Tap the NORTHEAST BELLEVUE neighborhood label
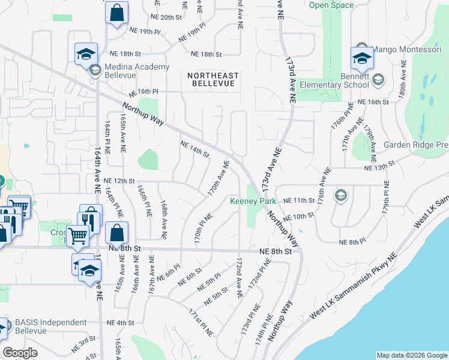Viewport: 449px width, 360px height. (x=212, y=80)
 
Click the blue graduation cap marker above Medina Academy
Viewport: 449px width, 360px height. (x=86, y=53)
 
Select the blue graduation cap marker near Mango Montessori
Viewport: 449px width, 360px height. (x=362, y=58)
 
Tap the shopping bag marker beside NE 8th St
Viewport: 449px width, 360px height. (x=116, y=233)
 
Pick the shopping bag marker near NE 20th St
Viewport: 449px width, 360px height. (x=116, y=12)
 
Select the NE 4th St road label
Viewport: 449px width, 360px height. (x=121, y=323)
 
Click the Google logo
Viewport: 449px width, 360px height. (x=20, y=353)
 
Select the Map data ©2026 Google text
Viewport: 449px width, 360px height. (x=411, y=355)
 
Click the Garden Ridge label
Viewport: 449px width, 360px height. (x=416, y=145)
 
